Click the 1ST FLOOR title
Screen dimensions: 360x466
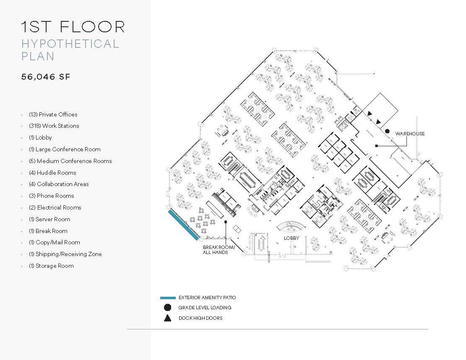coord(73,27)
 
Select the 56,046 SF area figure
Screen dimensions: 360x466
coord(46,77)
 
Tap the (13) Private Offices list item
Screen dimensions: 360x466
coord(53,114)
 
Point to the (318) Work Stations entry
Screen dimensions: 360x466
coord(54,126)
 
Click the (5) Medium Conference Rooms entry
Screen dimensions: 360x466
coord(70,161)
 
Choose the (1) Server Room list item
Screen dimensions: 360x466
coord(49,219)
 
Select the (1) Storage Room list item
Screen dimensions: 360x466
coord(51,266)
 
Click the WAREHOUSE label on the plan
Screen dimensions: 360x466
coord(410,134)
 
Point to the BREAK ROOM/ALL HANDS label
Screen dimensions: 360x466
coord(219,250)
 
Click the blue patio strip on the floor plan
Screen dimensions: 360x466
coord(183,225)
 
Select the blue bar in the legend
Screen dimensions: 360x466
coord(168,298)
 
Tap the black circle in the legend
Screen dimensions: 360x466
coord(167,308)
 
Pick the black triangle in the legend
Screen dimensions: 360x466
coord(167,318)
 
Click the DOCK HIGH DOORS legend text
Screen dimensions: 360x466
coord(200,318)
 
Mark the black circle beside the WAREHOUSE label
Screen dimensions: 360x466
coord(388,131)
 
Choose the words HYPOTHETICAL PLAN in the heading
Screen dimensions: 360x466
coord(70,50)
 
